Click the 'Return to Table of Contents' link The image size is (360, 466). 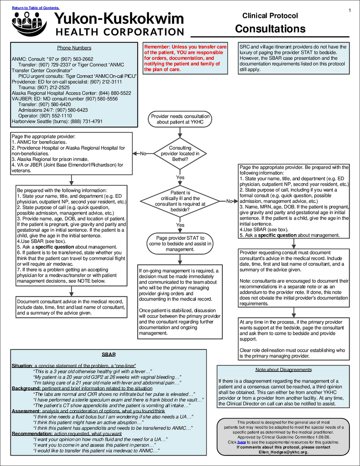(x=36, y=8)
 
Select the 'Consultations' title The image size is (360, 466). (x=270, y=29)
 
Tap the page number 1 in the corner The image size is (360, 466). (x=350, y=10)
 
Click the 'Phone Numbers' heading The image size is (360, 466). (x=74, y=48)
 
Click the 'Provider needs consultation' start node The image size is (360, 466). (x=180, y=119)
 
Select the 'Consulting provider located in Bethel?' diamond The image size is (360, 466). (x=180, y=153)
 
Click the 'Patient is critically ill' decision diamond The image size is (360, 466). (x=180, y=201)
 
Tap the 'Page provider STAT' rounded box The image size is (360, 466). (x=180, y=243)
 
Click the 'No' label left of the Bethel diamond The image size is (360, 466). (x=143, y=153)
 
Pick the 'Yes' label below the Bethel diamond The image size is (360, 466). (x=180, y=178)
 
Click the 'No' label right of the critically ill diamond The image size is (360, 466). (x=229, y=201)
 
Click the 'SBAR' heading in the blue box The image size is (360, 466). (x=109, y=355)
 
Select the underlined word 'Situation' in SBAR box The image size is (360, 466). (x=22, y=366)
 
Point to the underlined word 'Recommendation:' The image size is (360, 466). (x=32, y=434)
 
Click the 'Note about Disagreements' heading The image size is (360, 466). (x=284, y=370)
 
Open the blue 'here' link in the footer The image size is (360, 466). (x=242, y=442)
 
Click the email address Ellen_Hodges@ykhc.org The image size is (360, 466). (x=283, y=452)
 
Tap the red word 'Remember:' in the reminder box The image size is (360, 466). (x=157, y=47)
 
